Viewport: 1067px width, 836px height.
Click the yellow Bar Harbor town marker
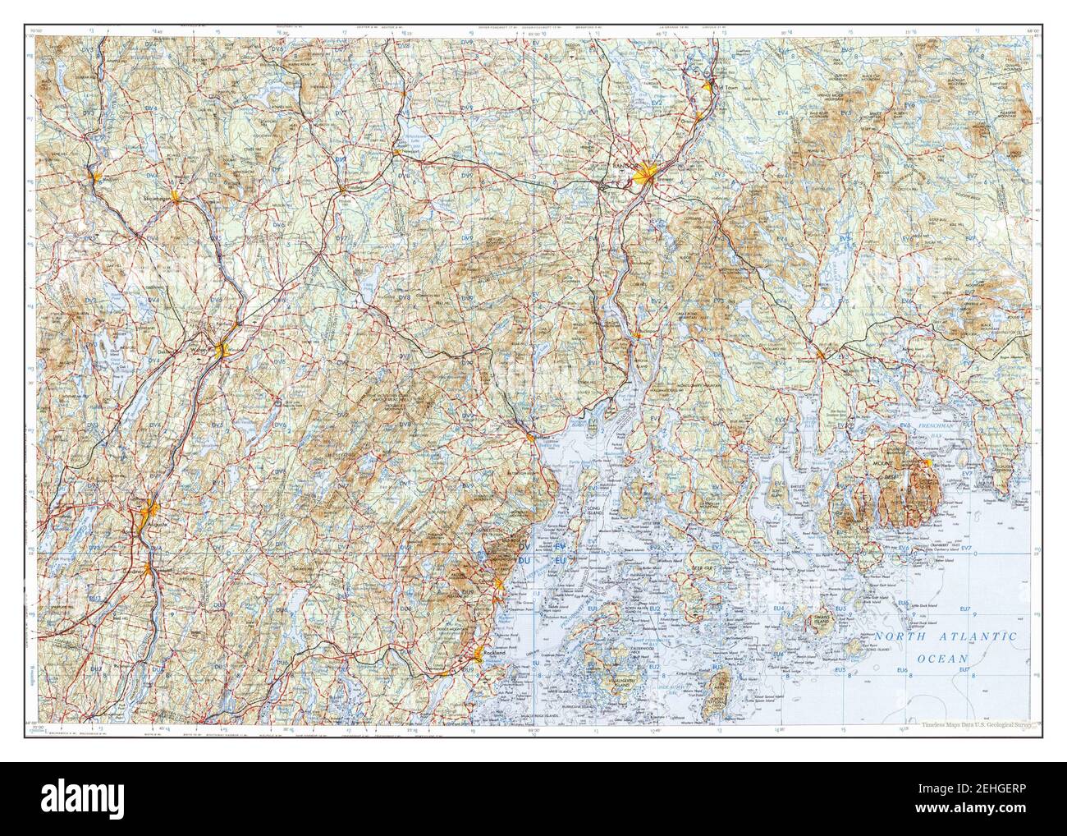point(927,464)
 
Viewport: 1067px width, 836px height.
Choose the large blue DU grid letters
point(524,560)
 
